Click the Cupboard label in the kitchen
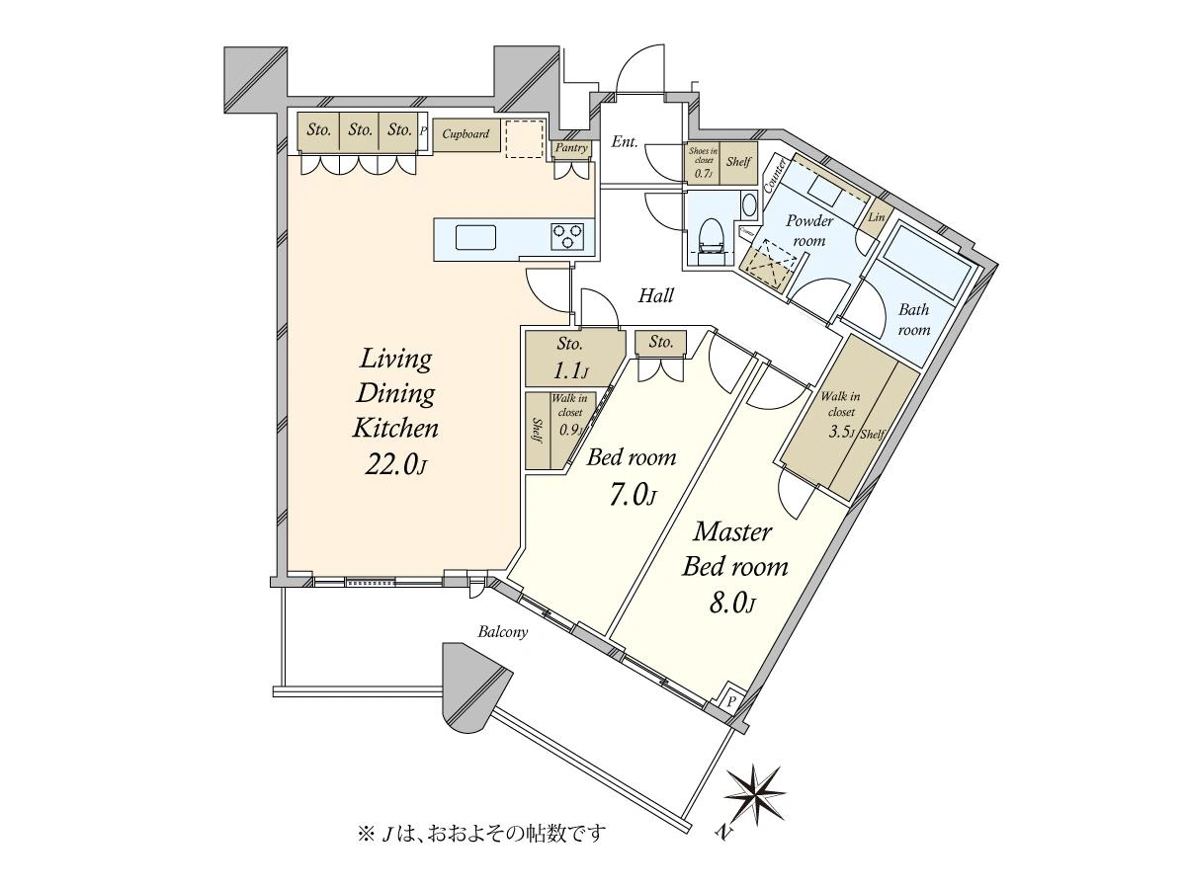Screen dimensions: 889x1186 (x=466, y=133)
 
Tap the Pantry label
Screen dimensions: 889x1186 (x=571, y=148)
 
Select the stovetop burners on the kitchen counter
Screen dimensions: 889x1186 (x=567, y=236)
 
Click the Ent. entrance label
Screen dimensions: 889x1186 (x=624, y=142)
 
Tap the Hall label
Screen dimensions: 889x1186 (x=655, y=295)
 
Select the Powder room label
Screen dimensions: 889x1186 (x=809, y=230)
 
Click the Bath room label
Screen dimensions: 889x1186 (x=913, y=319)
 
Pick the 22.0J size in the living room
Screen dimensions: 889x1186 (x=395, y=465)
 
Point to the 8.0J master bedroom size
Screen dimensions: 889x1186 (x=732, y=602)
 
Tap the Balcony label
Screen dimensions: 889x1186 (x=503, y=632)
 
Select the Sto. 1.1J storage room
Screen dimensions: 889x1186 (x=570, y=358)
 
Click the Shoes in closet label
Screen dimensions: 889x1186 (x=703, y=161)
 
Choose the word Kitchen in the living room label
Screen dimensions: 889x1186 (x=395, y=429)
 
